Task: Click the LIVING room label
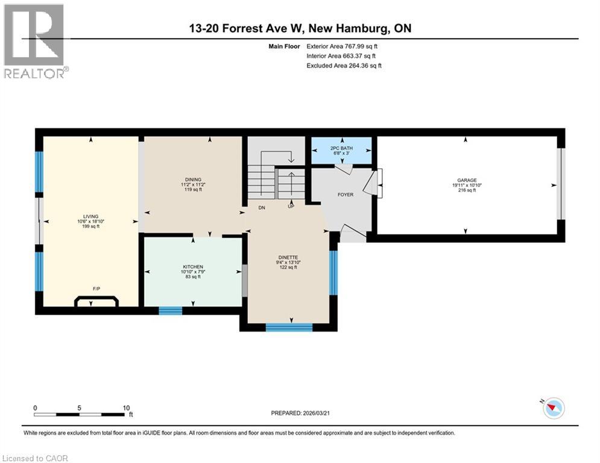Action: click(x=90, y=216)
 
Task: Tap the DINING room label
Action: click(x=193, y=179)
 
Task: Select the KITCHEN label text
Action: click(x=193, y=266)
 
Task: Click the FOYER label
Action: click(x=345, y=194)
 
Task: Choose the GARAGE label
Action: click(x=466, y=180)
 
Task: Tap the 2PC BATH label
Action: click(x=341, y=148)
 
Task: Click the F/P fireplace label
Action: click(x=96, y=289)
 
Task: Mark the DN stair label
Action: click(x=262, y=207)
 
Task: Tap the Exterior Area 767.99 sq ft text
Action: click(x=343, y=46)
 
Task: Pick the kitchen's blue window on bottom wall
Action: click(x=170, y=310)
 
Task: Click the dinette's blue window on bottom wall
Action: click(x=289, y=327)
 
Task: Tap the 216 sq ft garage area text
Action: click(x=466, y=190)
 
